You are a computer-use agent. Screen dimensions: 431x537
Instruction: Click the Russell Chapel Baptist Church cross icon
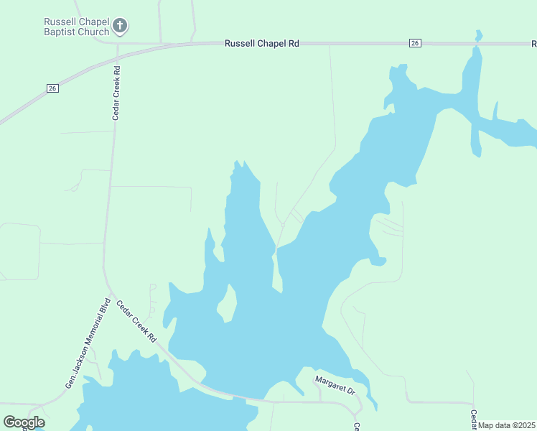121,27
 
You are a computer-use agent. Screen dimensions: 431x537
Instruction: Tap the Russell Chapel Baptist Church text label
75,27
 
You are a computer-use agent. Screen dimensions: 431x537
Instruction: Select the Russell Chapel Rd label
261,43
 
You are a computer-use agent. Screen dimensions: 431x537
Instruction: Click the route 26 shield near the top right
415,43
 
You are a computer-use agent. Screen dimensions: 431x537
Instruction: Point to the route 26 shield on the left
52,88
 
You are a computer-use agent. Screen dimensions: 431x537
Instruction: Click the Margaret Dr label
335,385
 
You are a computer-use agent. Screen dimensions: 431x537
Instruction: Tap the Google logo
24,422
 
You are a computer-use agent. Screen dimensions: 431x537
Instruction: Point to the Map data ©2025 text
507,425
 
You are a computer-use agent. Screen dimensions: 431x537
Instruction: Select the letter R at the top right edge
533,43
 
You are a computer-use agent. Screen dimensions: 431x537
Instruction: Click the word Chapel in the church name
94,22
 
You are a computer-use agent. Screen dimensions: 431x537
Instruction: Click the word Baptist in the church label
60,32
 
